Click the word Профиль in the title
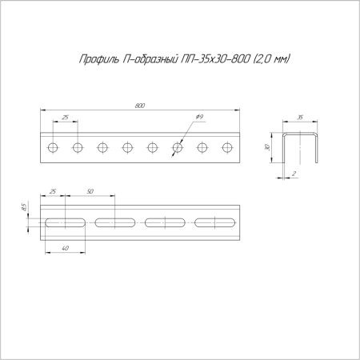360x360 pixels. pyautogui.click(x=98, y=58)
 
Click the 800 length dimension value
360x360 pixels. pyautogui.click(x=140, y=105)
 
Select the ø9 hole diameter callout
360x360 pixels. pyautogui.click(x=199, y=118)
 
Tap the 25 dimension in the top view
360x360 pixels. pyautogui.click(x=65, y=118)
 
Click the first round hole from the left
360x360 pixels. pyautogui.click(x=53, y=147)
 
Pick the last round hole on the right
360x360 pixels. pyautogui.click(x=227, y=147)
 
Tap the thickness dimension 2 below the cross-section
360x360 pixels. pyautogui.click(x=294, y=172)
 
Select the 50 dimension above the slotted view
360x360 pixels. pyautogui.click(x=90, y=192)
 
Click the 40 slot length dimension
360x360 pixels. pyautogui.click(x=64, y=249)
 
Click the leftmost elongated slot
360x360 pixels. pyautogui.click(x=64, y=222)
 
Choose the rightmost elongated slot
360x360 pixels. pyautogui.click(x=216, y=222)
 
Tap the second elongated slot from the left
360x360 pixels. pyautogui.click(x=114, y=222)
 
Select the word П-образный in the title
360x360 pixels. pyautogui.click(x=153, y=58)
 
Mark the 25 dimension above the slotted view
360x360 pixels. pyautogui.click(x=52, y=192)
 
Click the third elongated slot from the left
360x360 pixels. pyautogui.click(x=165, y=222)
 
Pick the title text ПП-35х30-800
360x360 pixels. pyautogui.click(x=215, y=58)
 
